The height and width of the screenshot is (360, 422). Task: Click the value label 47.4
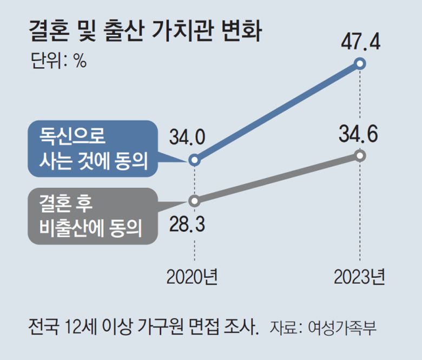pyautogui.click(x=360, y=41)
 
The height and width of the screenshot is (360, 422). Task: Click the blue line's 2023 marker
pyautogui.click(x=361, y=64)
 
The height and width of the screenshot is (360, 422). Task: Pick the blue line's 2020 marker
pyautogui.click(x=195, y=160)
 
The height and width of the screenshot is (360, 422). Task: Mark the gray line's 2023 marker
pyautogui.click(x=361, y=156)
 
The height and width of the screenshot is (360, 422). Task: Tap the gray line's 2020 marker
pyautogui.click(x=195, y=200)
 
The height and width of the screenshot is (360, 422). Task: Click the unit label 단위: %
pyautogui.click(x=59, y=61)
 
